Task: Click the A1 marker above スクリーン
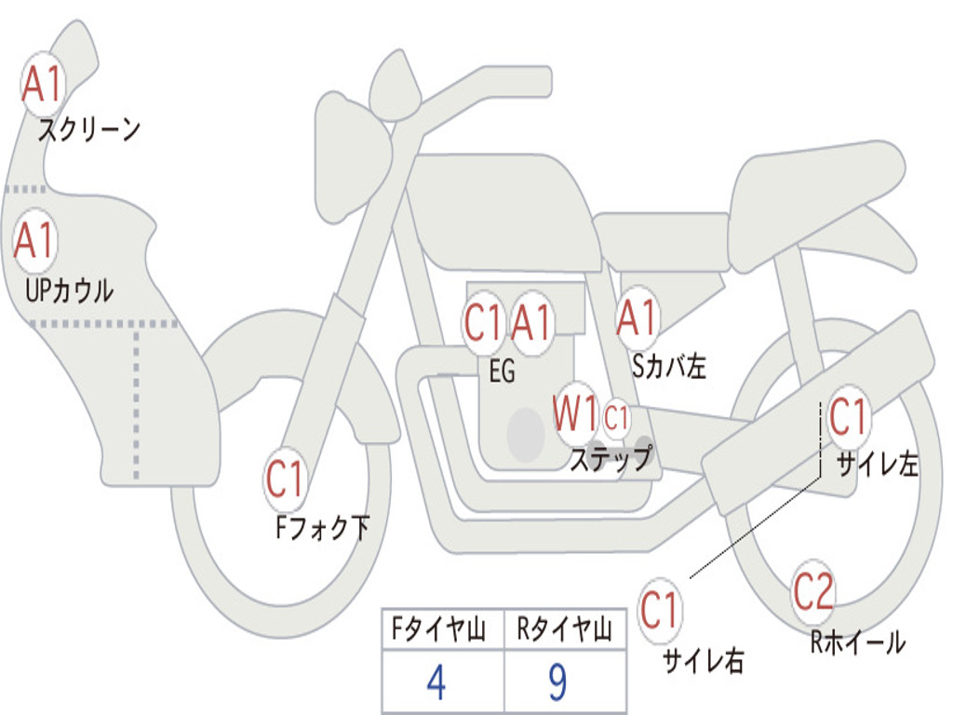(x=43, y=84)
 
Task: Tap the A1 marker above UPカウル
(x=35, y=241)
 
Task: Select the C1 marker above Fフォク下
(x=285, y=479)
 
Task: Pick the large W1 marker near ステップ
(x=575, y=414)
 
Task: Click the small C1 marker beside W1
(x=616, y=418)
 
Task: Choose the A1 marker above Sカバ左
(x=637, y=318)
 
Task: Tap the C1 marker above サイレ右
(x=660, y=610)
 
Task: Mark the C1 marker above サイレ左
(x=849, y=417)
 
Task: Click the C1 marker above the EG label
(x=483, y=323)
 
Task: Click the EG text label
(x=502, y=371)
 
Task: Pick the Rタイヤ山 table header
(x=564, y=629)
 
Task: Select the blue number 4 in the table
(x=436, y=682)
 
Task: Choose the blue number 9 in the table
(x=558, y=682)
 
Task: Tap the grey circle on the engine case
(x=526, y=435)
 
